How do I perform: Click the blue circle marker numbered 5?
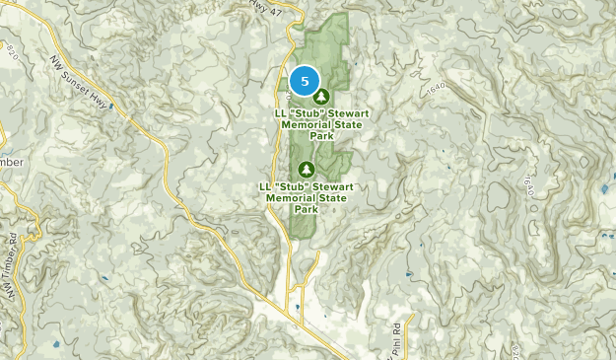click(305, 81)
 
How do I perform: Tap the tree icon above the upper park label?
click(321, 97)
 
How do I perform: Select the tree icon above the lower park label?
click(306, 170)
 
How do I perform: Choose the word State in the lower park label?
click(333, 197)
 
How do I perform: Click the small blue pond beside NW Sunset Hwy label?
click(111, 104)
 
